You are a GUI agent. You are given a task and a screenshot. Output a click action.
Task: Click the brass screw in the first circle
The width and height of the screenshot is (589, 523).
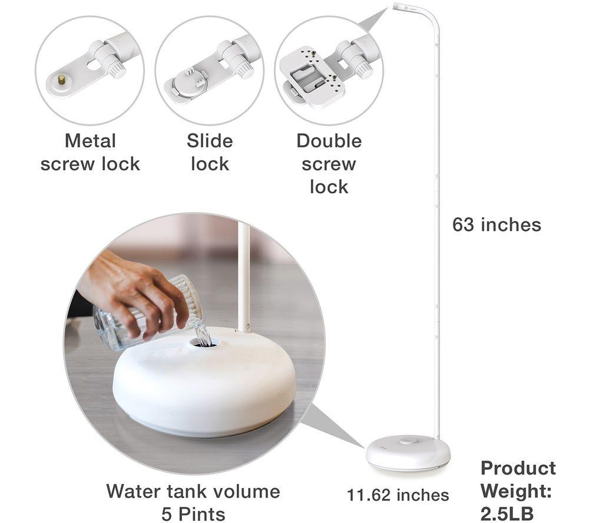point(61,80)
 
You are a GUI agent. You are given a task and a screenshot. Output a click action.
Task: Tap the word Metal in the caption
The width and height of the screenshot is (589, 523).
point(90,142)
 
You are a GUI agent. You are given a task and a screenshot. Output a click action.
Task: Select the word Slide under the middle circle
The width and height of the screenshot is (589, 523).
point(210,142)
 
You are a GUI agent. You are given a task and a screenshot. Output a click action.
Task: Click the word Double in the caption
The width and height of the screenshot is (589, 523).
point(329,142)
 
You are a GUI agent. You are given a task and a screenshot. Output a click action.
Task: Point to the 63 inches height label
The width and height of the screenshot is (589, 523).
point(497,225)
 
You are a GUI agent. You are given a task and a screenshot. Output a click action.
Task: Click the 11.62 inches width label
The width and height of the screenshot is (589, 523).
point(398,495)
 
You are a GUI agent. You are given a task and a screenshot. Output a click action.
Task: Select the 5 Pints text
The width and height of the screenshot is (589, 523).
point(193,514)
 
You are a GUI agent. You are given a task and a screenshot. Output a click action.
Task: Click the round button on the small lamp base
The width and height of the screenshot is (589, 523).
point(407,440)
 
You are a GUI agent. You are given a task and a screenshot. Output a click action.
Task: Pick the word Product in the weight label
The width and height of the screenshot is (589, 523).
point(518,469)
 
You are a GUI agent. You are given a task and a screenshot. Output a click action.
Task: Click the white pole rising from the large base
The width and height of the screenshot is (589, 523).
point(244,277)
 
